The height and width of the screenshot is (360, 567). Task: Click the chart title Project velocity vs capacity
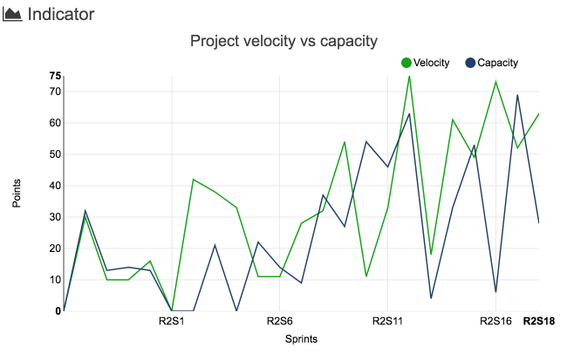pyautogui.click(x=283, y=41)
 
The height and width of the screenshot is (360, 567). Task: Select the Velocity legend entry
pyautogui.click(x=431, y=63)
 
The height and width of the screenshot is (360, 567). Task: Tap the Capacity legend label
pyautogui.click(x=497, y=63)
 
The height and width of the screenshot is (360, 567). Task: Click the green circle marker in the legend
pyautogui.click(x=406, y=63)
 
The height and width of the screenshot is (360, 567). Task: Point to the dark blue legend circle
pyautogui.click(x=470, y=63)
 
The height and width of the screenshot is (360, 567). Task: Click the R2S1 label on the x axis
pyautogui.click(x=171, y=321)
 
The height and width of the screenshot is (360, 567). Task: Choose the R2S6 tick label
pyautogui.click(x=279, y=321)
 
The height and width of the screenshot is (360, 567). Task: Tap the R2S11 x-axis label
pyautogui.click(x=387, y=321)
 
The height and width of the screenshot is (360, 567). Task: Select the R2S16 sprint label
pyautogui.click(x=495, y=321)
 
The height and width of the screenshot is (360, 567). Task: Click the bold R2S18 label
pyautogui.click(x=539, y=321)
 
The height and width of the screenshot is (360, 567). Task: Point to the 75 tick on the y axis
pyautogui.click(x=56, y=76)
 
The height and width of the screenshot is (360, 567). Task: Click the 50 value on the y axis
pyautogui.click(x=56, y=154)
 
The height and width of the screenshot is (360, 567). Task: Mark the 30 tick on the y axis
pyautogui.click(x=56, y=217)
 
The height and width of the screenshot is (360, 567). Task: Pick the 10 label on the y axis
pyautogui.click(x=56, y=280)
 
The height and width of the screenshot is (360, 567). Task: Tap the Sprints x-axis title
pyautogui.click(x=300, y=339)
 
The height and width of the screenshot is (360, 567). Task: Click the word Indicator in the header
pyautogui.click(x=61, y=14)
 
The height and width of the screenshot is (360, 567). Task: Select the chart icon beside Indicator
pyautogui.click(x=13, y=15)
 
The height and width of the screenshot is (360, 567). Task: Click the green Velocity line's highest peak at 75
pyautogui.click(x=409, y=77)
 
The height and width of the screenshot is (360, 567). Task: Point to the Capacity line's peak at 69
pyautogui.click(x=517, y=95)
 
